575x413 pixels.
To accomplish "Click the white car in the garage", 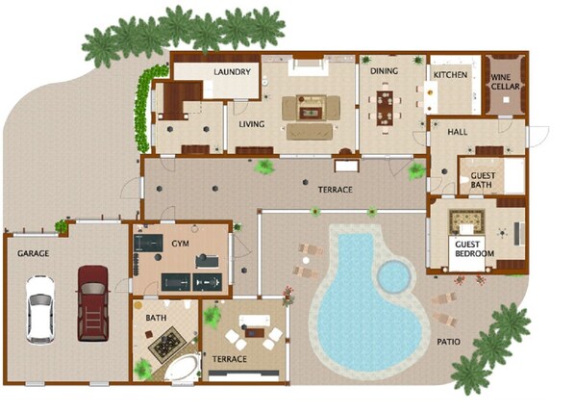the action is click(x=40, y=309).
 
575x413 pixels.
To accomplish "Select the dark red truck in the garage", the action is click(x=93, y=303).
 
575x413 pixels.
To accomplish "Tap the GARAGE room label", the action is click(x=33, y=253).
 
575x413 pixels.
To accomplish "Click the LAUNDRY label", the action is click(x=232, y=72).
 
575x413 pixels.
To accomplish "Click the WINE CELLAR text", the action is click(x=506, y=82).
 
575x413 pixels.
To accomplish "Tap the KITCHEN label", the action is click(x=450, y=75).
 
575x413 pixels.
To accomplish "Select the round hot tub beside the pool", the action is click(x=394, y=275).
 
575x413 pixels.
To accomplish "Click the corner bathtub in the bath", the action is click(x=183, y=367).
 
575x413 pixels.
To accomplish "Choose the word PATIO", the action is click(x=448, y=342).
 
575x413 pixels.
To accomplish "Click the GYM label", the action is click(x=180, y=244).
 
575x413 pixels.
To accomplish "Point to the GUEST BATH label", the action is click(x=483, y=180).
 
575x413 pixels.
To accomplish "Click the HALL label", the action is click(x=458, y=132).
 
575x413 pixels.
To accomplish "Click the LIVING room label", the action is click(x=252, y=124).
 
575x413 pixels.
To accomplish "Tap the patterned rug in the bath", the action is click(x=167, y=343).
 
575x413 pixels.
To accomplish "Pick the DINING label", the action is click(x=384, y=71).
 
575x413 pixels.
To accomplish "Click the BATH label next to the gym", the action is click(x=156, y=318).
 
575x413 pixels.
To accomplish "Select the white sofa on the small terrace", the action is click(x=255, y=320).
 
